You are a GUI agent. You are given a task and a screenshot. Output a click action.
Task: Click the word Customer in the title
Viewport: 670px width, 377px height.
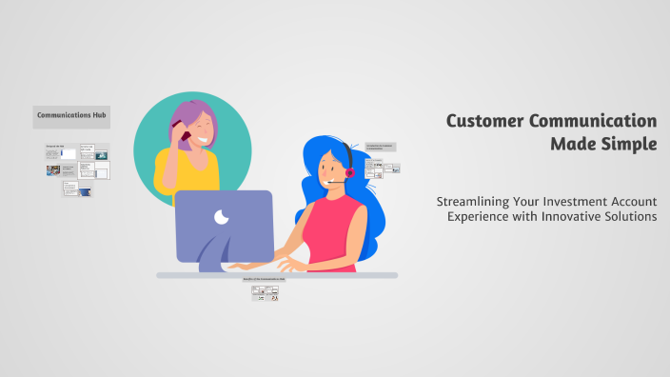(x=489, y=121)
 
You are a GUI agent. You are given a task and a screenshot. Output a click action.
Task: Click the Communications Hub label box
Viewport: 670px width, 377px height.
(x=71, y=117)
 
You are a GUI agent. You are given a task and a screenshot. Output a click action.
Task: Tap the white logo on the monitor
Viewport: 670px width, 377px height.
(x=222, y=217)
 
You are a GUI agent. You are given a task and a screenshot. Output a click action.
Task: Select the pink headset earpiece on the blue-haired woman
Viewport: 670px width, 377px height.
(x=349, y=173)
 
